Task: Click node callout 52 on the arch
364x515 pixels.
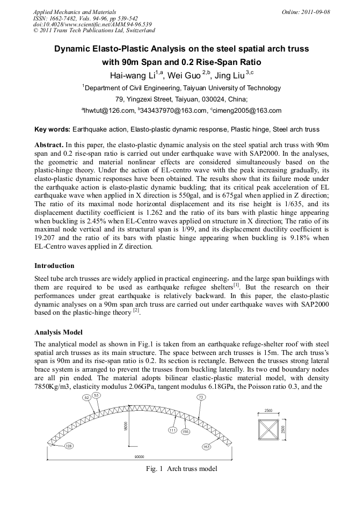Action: coord(86,397)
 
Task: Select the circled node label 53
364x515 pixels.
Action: coord(97,395)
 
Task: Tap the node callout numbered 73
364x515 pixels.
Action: coord(201,397)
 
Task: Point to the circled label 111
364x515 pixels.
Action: coord(173,430)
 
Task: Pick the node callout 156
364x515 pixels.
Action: coord(185,432)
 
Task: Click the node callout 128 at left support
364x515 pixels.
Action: coord(69,446)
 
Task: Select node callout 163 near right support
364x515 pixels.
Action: coord(206,446)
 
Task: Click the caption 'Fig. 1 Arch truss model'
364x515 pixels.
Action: coord(181,469)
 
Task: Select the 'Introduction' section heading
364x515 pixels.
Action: coord(54,266)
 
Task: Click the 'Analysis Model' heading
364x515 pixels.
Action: coord(59,332)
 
